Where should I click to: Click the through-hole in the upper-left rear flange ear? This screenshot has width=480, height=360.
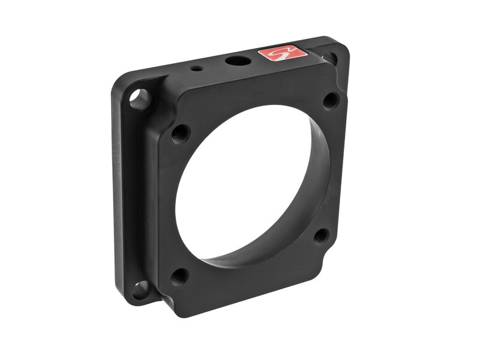tap(142, 96)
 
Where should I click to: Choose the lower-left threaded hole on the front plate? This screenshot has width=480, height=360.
tap(178, 277)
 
